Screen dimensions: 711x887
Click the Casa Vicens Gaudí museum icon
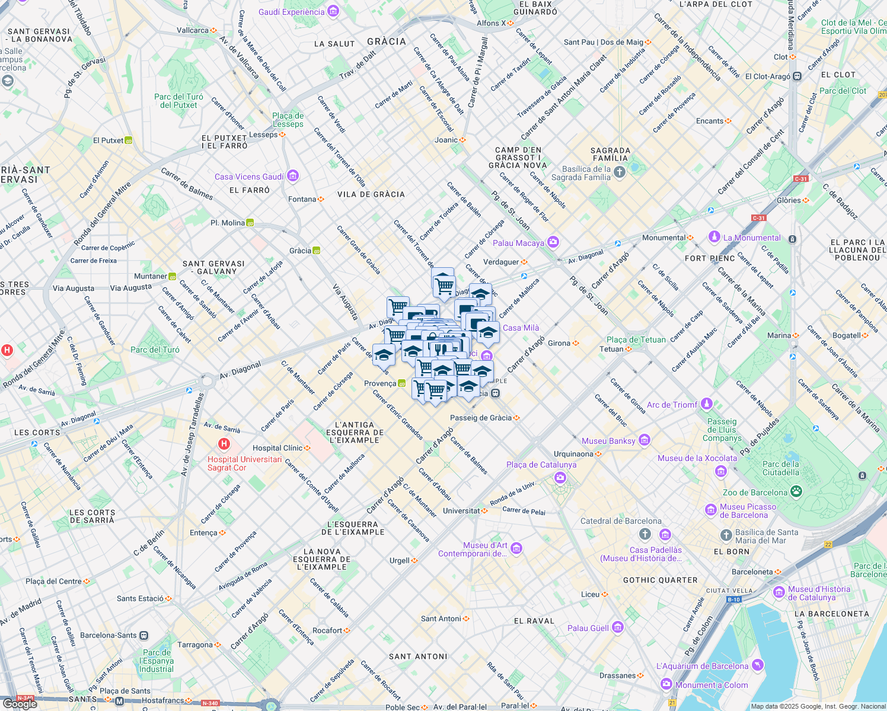click(292, 176)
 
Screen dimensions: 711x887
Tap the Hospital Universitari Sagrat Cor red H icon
click(224, 444)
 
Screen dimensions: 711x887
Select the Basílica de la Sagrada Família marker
click(620, 172)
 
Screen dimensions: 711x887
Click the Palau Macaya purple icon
click(553, 242)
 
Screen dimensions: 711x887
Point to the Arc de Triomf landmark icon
click(706, 404)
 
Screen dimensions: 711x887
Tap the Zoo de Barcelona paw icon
click(796, 492)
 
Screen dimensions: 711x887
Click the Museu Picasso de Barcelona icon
click(710, 510)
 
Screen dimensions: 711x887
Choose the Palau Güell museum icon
click(618, 627)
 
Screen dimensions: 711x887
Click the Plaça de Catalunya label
click(541, 465)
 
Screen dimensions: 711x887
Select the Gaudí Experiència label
click(292, 12)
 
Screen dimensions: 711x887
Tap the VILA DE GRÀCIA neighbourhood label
click(371, 194)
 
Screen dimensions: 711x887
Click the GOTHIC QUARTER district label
click(660, 580)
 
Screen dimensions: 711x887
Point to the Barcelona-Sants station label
click(109, 635)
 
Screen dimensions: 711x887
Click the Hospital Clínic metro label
click(277, 448)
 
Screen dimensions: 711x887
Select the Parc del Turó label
click(155, 350)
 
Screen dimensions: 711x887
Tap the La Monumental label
click(752, 238)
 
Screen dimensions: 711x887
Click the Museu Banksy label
click(608, 441)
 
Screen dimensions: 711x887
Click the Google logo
click(20, 703)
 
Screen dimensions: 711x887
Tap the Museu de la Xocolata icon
click(721, 471)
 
